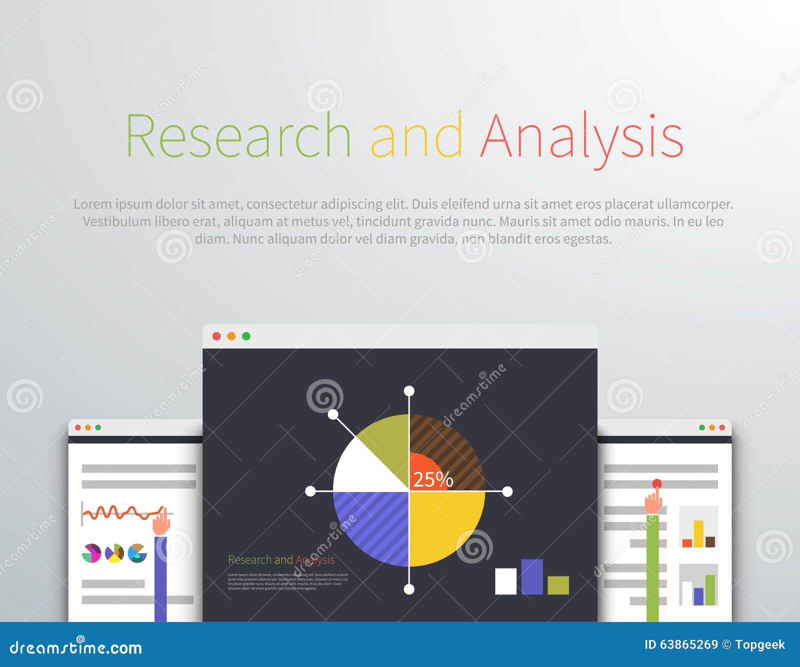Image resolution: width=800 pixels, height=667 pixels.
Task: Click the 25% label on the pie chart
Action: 433,479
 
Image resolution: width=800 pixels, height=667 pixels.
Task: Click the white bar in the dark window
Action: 505,581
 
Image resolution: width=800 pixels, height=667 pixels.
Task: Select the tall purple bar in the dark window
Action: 532,576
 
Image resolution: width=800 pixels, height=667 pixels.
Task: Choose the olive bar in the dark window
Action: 558,585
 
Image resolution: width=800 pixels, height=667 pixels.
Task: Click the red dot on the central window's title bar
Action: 216,336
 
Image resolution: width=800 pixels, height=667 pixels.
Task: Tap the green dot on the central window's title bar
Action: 246,336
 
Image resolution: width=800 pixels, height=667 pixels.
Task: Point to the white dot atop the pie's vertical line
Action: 409,391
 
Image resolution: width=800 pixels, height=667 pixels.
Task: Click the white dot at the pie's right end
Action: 507,491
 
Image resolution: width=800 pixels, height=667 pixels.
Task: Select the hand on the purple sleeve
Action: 160,524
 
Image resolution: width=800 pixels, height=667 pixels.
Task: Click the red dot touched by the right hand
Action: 657,483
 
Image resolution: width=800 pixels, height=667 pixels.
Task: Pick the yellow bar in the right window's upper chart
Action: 698,533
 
